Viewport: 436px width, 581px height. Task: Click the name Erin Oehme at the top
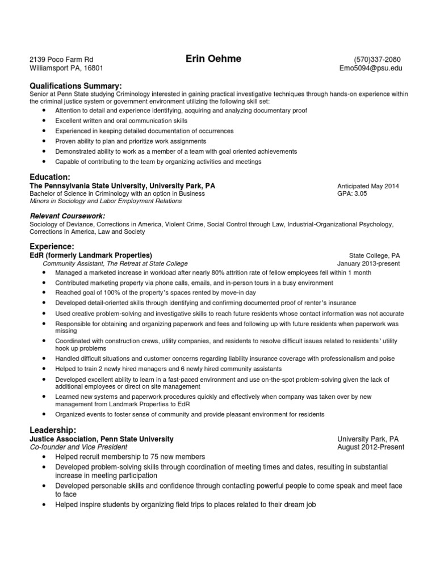(x=213, y=58)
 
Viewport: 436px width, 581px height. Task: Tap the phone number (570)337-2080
(x=378, y=60)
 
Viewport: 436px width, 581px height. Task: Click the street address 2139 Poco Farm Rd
(x=61, y=60)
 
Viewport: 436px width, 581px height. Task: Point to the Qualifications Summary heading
(x=76, y=85)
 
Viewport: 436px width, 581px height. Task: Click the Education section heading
(x=50, y=177)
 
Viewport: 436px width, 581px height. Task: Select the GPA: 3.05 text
(x=352, y=193)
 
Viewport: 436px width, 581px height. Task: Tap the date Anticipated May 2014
(x=368, y=186)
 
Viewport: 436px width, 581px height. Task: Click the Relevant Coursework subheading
(x=67, y=216)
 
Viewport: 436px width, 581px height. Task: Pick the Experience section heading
(x=52, y=247)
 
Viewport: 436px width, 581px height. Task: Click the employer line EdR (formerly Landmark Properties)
(x=91, y=255)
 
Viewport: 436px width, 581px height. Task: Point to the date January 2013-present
(x=368, y=263)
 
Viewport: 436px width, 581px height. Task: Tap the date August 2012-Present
(x=371, y=447)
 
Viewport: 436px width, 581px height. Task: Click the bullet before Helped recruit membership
(x=44, y=457)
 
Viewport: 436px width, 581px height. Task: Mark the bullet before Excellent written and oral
(x=44, y=121)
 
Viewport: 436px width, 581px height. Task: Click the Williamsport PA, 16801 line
(x=66, y=68)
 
